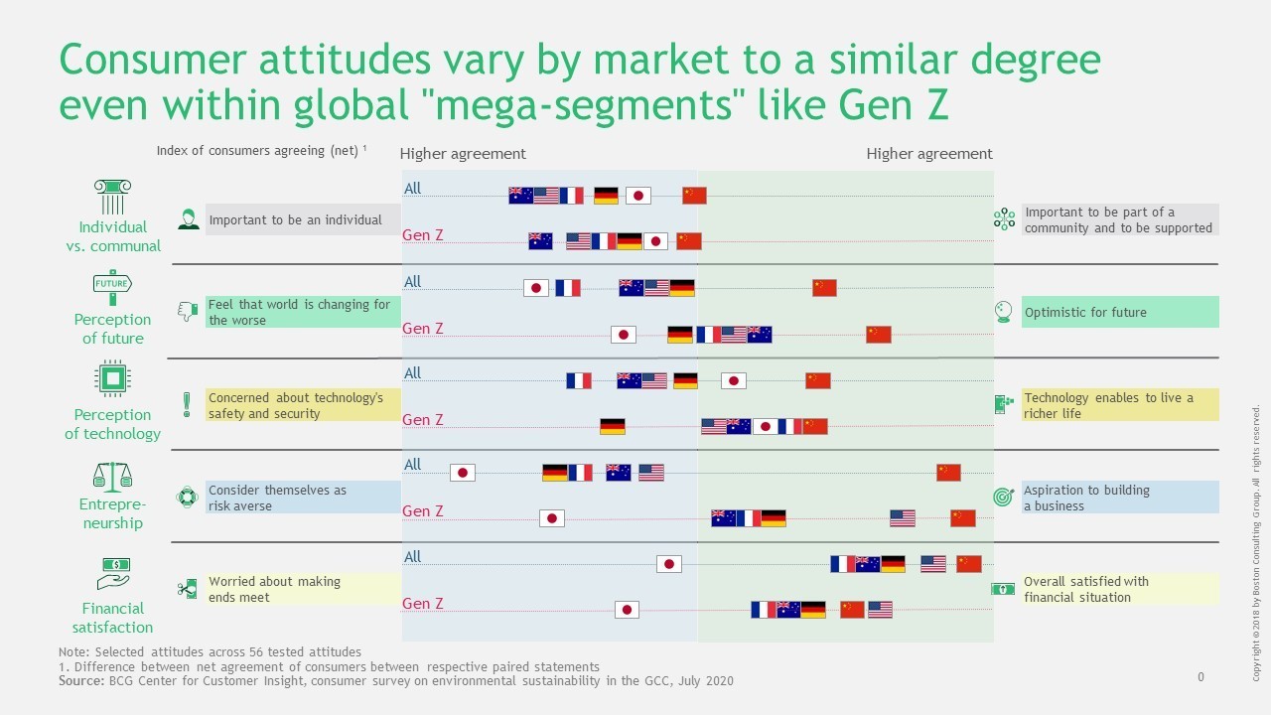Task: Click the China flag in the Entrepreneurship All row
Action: pyautogui.click(x=948, y=473)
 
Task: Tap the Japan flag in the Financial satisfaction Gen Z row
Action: pyautogui.click(x=627, y=610)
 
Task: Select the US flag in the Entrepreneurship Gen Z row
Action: pyautogui.click(x=903, y=518)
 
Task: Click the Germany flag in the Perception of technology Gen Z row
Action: pyautogui.click(x=613, y=427)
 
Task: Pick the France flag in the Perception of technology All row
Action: pyautogui.click(x=579, y=380)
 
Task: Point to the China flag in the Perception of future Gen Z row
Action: pyautogui.click(x=878, y=335)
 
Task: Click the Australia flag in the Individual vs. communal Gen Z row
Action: pyautogui.click(x=540, y=241)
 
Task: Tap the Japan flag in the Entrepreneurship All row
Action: pyautogui.click(x=463, y=473)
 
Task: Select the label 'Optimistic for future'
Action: pyautogui.click(x=1085, y=312)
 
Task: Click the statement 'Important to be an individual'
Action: pyautogui.click(x=295, y=219)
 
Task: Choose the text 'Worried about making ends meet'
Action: pyautogui.click(x=274, y=589)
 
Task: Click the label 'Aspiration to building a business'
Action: pyautogui.click(x=1086, y=498)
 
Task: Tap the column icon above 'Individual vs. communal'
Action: pyautogui.click(x=112, y=197)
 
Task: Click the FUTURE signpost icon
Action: pyautogui.click(x=112, y=287)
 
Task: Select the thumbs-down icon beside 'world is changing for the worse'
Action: pyautogui.click(x=187, y=312)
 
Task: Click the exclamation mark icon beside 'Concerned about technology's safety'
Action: pyautogui.click(x=187, y=404)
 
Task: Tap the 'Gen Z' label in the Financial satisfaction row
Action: pyautogui.click(x=422, y=604)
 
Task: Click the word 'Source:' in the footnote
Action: pyautogui.click(x=80, y=680)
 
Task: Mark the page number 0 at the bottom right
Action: pyautogui.click(x=1200, y=677)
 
